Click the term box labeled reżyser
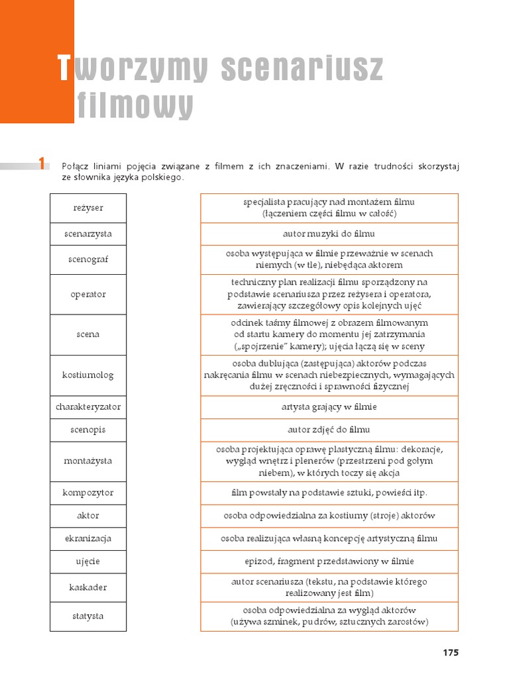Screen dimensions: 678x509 [88, 208]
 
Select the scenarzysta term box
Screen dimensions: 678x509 [88, 234]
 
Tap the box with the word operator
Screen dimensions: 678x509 [88, 294]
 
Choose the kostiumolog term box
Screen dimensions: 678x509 [88, 375]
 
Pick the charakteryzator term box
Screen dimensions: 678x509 [88, 407]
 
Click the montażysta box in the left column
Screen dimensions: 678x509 [88, 461]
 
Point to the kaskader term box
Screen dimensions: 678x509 [88, 587]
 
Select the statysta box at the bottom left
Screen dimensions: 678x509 [88, 616]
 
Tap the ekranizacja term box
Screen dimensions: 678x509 [88, 538]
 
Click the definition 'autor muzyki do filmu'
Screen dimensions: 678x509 [329, 234]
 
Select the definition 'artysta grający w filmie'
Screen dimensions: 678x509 [329, 407]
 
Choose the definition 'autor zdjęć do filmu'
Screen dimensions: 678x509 [329, 430]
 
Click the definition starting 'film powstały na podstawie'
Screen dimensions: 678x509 [329, 493]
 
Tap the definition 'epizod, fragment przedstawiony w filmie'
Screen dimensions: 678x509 [329, 561]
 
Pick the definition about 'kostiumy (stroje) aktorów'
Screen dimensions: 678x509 [329, 515]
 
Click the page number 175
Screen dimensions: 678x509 [451, 652]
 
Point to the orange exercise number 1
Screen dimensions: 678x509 [41, 164]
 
